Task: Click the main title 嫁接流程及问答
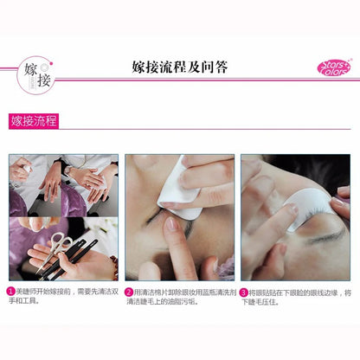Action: pyautogui.click(x=180, y=67)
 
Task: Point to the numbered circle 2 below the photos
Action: pyautogui.click(x=129, y=293)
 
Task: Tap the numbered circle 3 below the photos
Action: pyautogui.click(x=245, y=293)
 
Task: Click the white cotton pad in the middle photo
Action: pyautogui.click(x=183, y=191)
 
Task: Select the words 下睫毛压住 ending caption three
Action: pyautogui.click(x=264, y=304)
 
